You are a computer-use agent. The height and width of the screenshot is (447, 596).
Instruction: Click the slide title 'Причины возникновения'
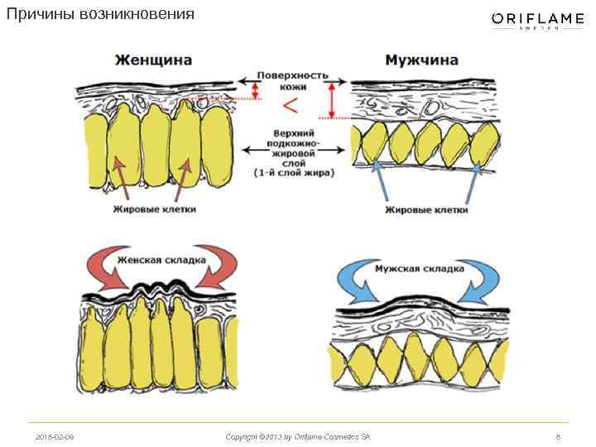(100, 15)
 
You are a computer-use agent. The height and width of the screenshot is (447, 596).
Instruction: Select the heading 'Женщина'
(153, 60)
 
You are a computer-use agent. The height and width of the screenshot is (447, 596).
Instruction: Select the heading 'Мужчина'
(421, 60)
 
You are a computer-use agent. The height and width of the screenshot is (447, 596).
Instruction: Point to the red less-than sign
(291, 106)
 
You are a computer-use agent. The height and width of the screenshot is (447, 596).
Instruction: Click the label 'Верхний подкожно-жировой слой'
(294, 146)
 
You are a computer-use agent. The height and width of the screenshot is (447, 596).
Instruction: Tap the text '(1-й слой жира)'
(294, 173)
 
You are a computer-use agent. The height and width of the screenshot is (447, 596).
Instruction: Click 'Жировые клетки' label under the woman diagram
(155, 209)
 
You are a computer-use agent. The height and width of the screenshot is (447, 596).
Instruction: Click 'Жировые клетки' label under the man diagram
(426, 209)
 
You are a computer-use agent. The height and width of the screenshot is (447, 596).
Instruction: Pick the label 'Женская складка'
(161, 259)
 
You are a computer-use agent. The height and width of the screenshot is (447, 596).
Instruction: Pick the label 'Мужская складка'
(418, 269)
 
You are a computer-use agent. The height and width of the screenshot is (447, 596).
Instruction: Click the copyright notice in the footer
(297, 436)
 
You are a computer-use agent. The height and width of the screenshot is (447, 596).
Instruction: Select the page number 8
(558, 436)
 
